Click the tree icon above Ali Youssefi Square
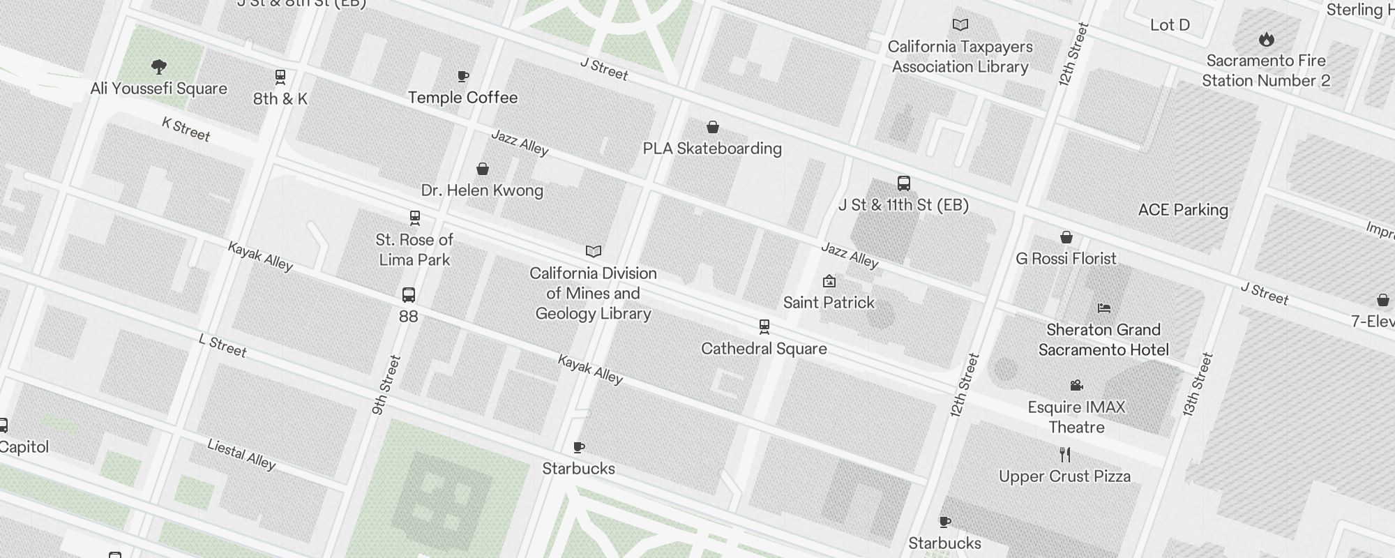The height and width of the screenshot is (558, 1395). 159,67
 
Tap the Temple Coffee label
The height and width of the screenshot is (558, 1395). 462,98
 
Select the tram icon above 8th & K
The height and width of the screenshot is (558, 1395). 280,77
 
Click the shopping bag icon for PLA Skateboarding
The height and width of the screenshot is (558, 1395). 712,127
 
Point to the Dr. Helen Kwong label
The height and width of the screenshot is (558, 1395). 482,190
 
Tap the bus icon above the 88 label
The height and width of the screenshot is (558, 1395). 409,295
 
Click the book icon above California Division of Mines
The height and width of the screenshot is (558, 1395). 593,251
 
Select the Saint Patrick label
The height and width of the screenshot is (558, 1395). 829,303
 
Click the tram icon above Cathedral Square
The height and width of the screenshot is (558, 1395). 764,327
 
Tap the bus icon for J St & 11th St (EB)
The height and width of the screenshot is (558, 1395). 903,183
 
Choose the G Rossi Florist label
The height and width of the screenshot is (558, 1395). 1066,259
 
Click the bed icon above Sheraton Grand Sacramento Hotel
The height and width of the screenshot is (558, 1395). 1103,308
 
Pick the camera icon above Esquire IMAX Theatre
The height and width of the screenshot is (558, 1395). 1076,385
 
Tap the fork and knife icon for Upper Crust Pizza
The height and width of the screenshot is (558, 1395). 1064,455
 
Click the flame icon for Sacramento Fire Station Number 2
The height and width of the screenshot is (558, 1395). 1266,39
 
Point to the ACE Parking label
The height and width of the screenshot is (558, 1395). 1183,210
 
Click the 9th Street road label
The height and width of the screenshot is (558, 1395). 386,385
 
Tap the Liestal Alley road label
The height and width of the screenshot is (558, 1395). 241,454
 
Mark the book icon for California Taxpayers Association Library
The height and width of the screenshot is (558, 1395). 960,25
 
